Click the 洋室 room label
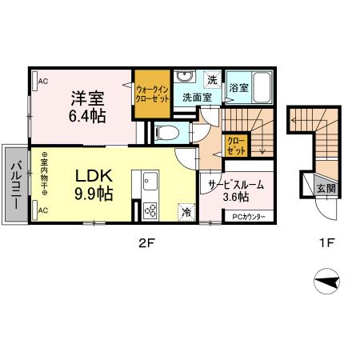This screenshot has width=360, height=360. tap(86, 98)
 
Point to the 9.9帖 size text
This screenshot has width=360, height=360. tap(93, 193)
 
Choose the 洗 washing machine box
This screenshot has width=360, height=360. tap(211, 79)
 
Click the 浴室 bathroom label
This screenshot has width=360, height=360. tap(238, 88)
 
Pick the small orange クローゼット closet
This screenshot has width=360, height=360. tap(237, 146)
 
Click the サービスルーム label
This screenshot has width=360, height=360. tap(236, 185)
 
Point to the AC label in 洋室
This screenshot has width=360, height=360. tap(42, 81)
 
